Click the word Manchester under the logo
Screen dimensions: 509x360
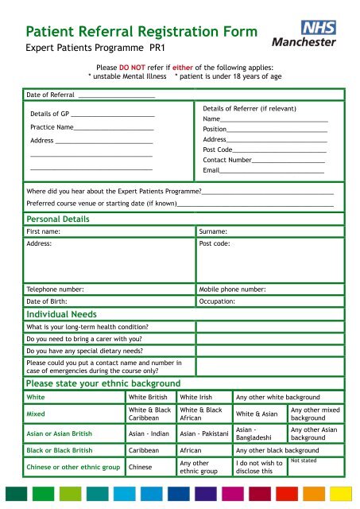click(x=304, y=41)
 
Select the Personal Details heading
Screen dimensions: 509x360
click(x=58, y=219)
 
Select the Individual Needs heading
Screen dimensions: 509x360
click(x=62, y=315)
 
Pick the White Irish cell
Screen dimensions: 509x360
click(x=202, y=397)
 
